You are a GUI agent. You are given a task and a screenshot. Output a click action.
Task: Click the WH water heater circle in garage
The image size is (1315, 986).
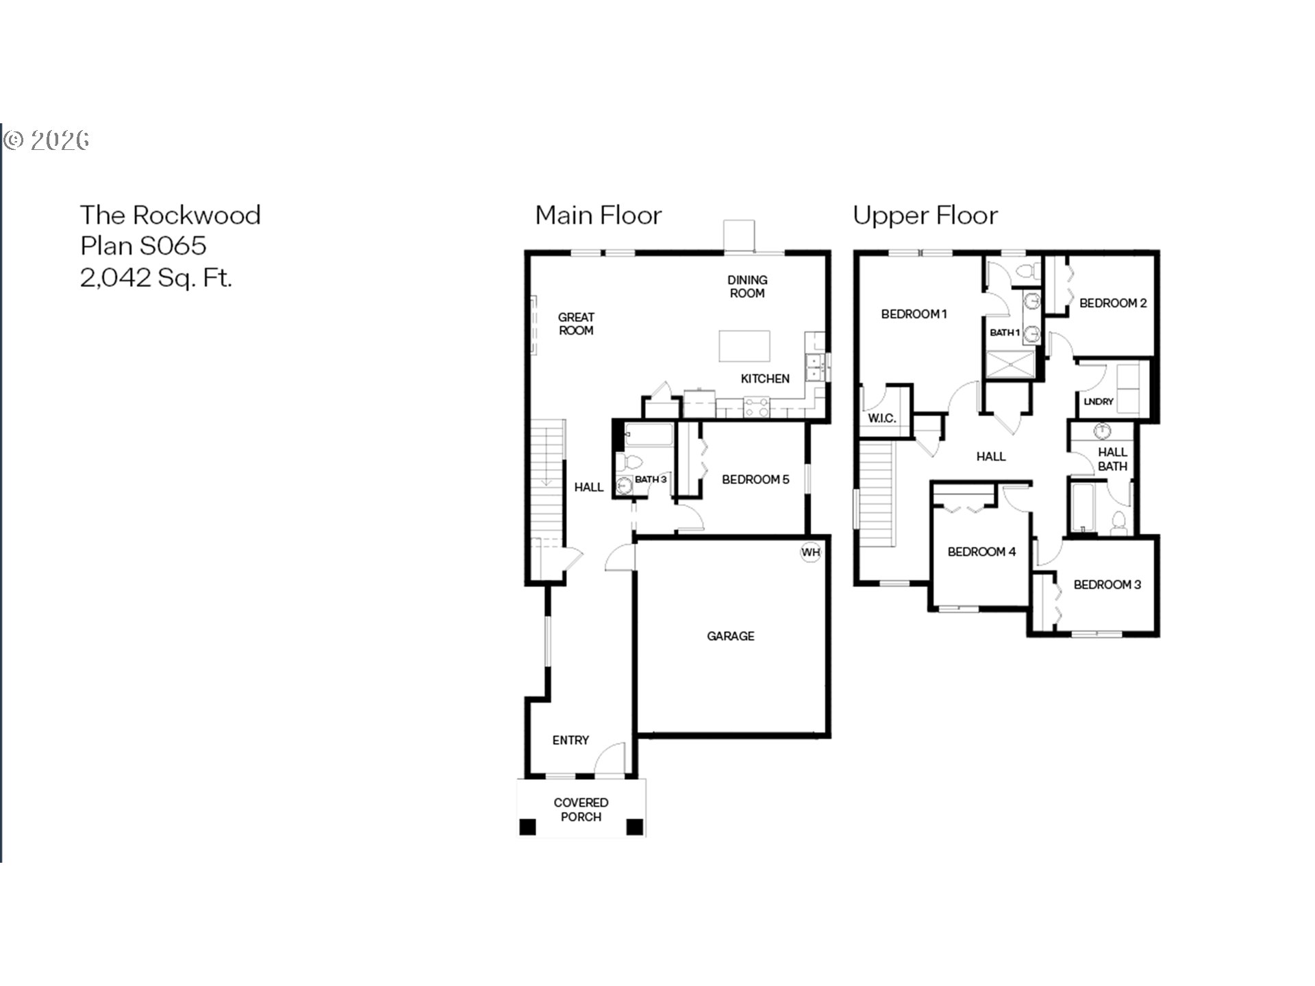point(810,553)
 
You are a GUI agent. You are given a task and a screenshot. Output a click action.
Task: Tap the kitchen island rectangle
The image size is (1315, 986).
point(744,346)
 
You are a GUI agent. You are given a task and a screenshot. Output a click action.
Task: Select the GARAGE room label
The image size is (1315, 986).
point(731,636)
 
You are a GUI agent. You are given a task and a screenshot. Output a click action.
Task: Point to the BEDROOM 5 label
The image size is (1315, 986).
point(755,479)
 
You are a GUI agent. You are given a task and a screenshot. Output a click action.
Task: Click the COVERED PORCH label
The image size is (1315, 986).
point(581,809)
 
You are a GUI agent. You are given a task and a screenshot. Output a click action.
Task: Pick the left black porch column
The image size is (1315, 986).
point(527,827)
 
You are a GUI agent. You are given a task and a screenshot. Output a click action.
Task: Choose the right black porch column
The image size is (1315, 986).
point(635,827)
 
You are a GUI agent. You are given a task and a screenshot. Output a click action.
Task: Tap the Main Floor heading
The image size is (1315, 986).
point(599,215)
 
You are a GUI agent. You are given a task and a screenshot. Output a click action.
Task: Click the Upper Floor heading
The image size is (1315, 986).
point(925,216)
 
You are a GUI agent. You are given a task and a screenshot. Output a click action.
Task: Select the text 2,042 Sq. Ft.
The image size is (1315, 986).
point(156,277)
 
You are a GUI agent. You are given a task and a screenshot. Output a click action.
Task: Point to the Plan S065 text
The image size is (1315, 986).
point(143,246)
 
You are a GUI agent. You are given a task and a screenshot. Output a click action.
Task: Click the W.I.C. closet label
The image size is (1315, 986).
point(881,418)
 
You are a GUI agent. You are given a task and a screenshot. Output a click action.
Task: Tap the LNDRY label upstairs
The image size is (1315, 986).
point(1099,402)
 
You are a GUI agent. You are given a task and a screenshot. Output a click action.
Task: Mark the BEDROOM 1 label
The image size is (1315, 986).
point(914,314)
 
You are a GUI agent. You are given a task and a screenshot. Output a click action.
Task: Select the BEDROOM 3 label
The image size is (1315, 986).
point(1107,585)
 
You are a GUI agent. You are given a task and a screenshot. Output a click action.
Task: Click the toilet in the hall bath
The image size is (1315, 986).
point(1118,522)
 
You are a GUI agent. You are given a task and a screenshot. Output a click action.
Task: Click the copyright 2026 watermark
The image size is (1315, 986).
point(47,140)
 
